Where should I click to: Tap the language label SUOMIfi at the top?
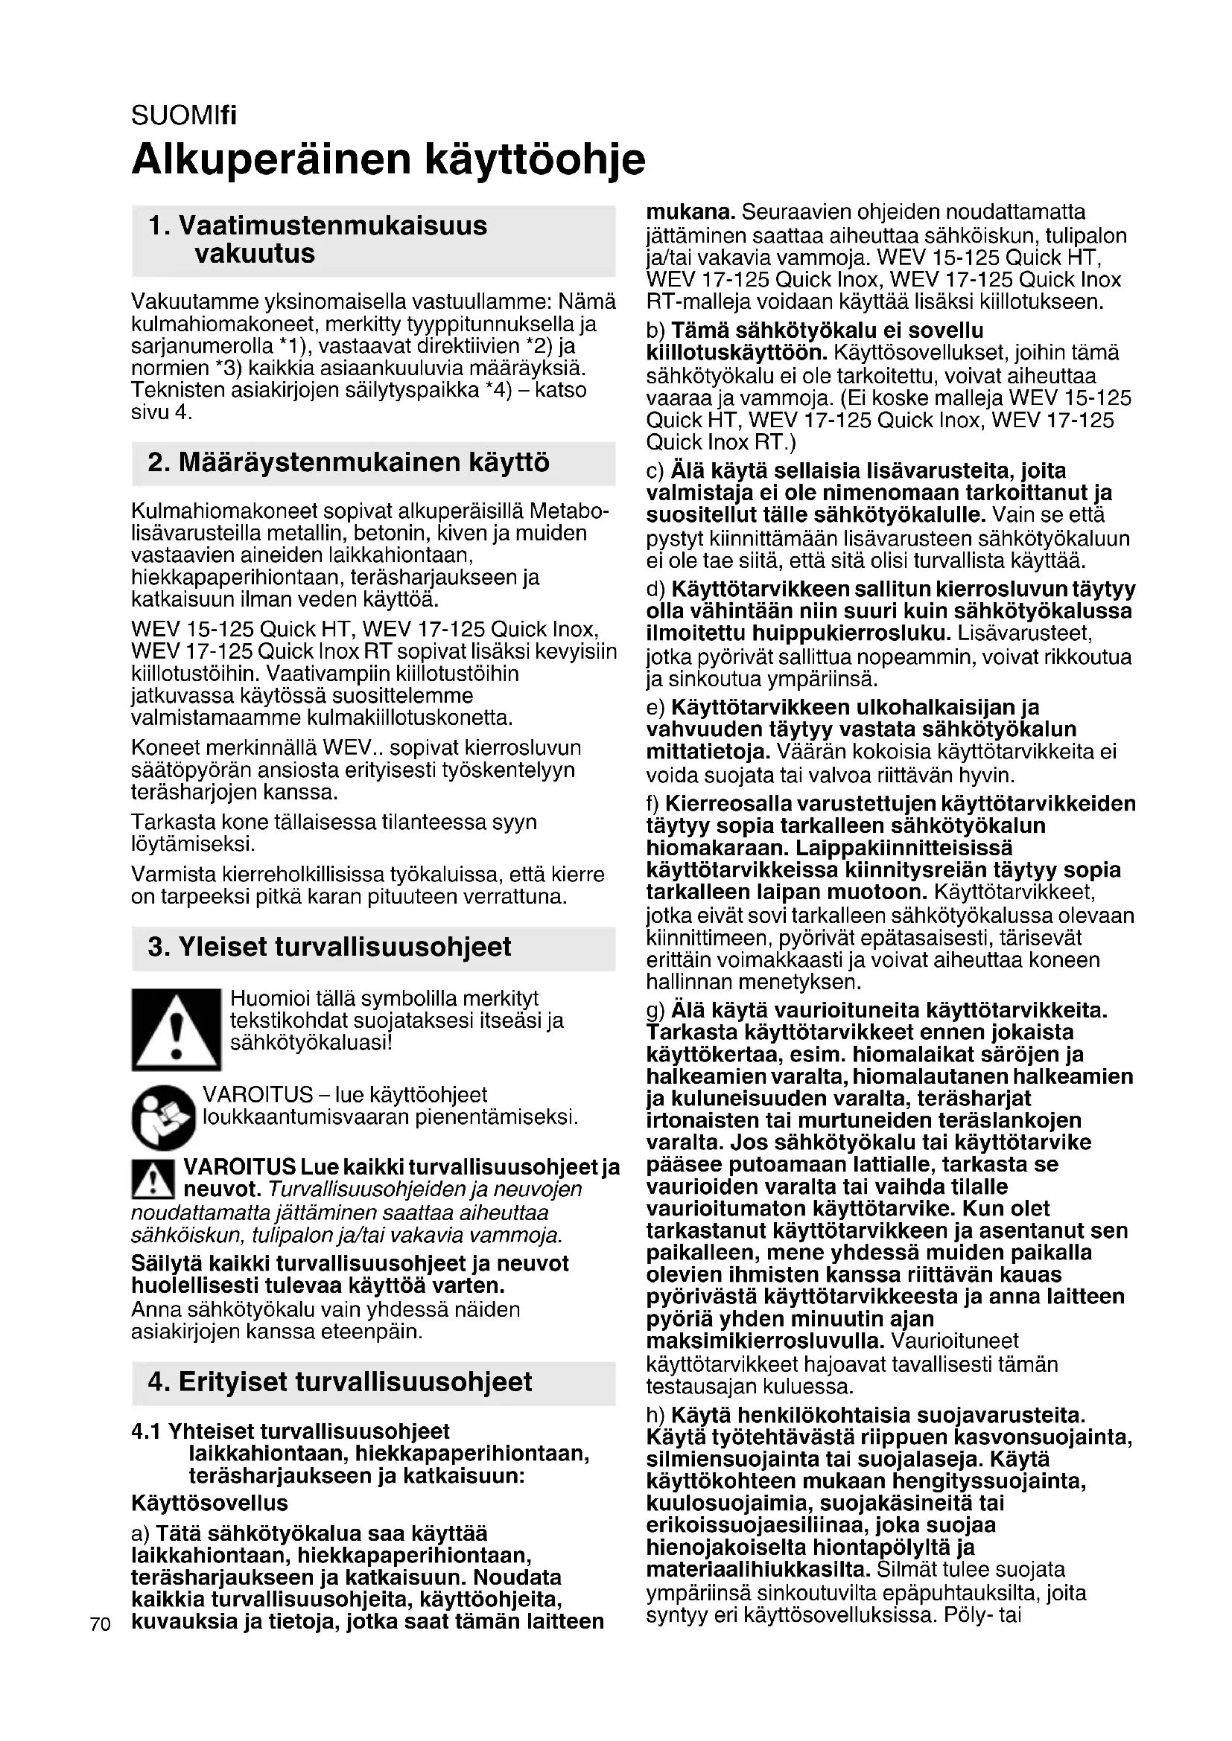(183, 116)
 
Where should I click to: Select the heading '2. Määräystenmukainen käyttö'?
(349, 462)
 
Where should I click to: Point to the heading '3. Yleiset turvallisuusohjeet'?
(329, 947)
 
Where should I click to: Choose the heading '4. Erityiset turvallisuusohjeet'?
(340, 1381)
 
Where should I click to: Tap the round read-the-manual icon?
(163, 1117)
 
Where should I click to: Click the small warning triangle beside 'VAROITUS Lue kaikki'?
(154, 1178)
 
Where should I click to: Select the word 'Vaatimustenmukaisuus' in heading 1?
(333, 226)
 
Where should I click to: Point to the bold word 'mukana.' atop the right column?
(690, 211)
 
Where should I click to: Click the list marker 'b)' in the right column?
(655, 330)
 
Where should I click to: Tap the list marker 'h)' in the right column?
(655, 1416)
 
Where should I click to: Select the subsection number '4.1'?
(147, 1431)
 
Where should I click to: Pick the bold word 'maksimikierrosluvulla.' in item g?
(766, 1341)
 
